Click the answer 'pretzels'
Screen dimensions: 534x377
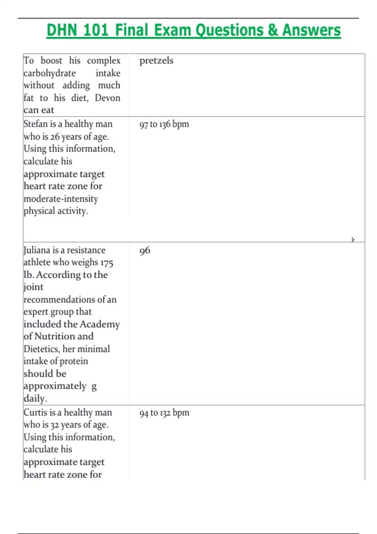point(156,61)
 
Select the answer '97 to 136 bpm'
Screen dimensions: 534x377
point(164,124)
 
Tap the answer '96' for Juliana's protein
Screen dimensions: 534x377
point(145,251)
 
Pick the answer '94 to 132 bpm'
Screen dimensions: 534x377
point(164,413)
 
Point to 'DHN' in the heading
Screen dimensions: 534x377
point(62,30)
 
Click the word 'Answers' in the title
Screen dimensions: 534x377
point(311,30)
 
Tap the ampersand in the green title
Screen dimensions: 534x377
point(273,30)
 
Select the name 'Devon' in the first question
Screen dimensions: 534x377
point(107,98)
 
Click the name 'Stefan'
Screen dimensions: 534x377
point(35,124)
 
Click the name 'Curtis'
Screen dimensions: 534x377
point(36,412)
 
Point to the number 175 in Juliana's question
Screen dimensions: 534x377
point(107,263)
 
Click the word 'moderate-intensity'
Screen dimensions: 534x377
point(61,199)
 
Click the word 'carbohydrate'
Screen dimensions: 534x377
point(50,73)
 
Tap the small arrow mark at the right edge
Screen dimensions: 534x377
point(353,240)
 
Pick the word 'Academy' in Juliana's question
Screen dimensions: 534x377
point(100,324)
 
